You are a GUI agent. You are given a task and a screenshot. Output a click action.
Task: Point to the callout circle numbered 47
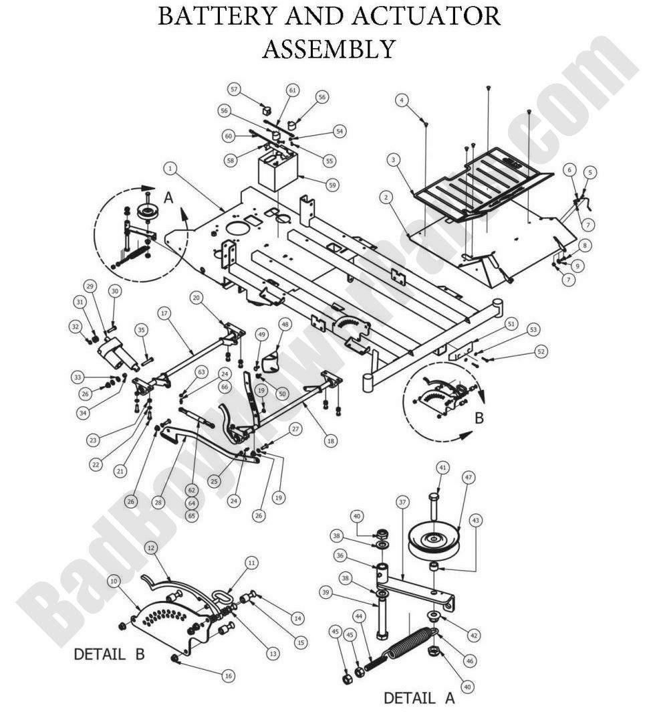click(467, 477)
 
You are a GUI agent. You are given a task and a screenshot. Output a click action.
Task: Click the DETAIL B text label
click(108, 653)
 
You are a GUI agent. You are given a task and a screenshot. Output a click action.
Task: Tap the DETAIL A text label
click(418, 698)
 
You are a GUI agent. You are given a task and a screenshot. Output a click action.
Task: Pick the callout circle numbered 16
click(229, 677)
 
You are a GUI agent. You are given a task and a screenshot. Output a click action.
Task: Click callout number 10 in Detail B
click(114, 581)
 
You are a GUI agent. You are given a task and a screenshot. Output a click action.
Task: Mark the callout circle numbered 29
click(90, 286)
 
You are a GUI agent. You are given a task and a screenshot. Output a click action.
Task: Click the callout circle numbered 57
click(233, 88)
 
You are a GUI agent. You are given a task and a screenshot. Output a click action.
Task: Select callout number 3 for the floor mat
click(394, 159)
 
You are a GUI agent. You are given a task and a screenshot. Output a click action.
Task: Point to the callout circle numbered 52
click(541, 352)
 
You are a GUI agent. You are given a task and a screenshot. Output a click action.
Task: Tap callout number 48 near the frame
click(285, 324)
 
